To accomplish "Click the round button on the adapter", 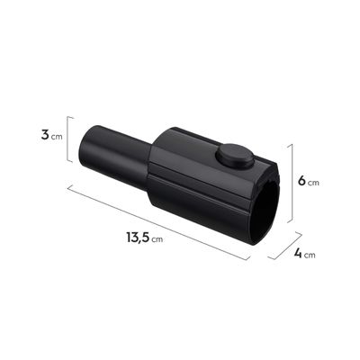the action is tap(236, 156).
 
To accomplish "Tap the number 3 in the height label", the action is tap(45, 135).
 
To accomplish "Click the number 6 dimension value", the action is tap(301, 181).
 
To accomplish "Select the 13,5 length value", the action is tap(138, 238).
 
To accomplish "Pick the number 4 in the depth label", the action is tap(298, 254).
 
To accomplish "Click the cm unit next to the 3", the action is tap(57, 137).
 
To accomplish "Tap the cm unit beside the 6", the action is tap(313, 183).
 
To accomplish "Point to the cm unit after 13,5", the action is tap(157, 239).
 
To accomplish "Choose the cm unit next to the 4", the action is tap(310, 256).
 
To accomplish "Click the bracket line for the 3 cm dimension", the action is tap(67, 139).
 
